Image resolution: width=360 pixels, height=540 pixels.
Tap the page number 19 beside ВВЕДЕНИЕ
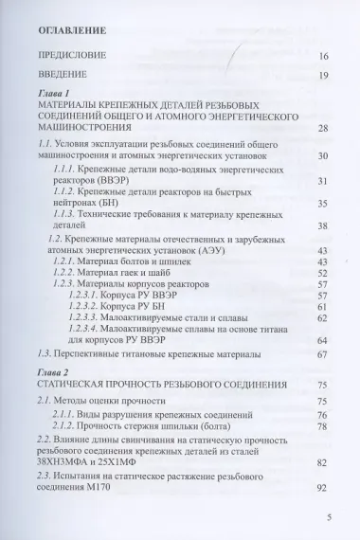pyautogui.click(x=322, y=75)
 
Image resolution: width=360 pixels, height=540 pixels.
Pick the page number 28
pyautogui.click(x=322, y=129)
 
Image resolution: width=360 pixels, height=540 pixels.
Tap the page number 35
pyautogui.click(x=322, y=203)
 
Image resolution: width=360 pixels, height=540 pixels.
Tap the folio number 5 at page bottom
pyautogui.click(x=326, y=517)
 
